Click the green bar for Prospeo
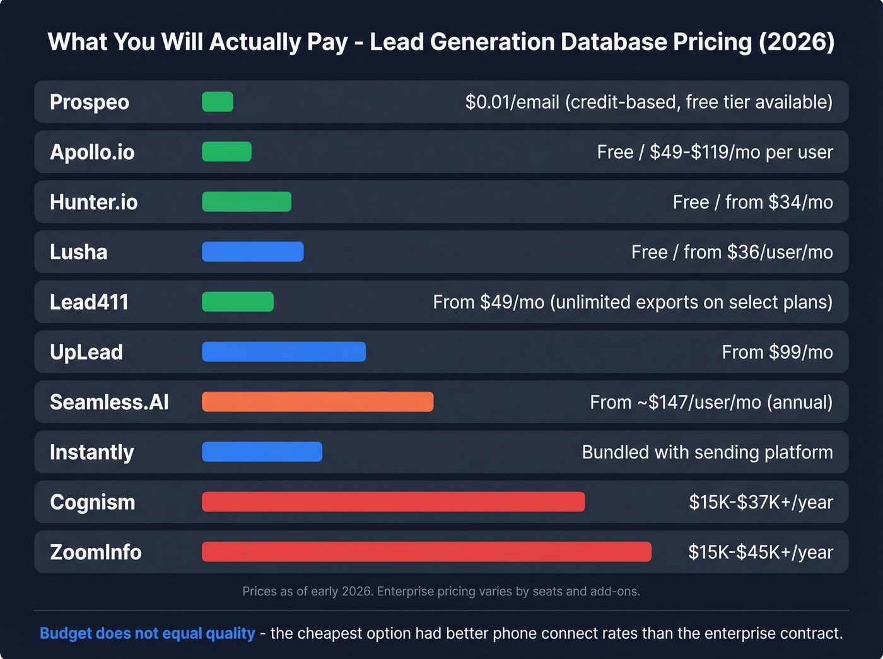coord(218,102)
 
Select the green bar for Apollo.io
coord(226,151)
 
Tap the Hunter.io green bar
coord(247,202)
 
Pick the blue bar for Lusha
coord(252,252)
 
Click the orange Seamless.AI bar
coord(317,402)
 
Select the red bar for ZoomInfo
coord(426,552)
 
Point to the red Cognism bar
coord(393,502)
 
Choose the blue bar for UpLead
coord(284,352)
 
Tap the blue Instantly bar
coord(262,452)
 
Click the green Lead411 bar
coord(238,301)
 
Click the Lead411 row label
coord(89,302)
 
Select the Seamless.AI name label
coord(109,402)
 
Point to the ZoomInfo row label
coord(95,552)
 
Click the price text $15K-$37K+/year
coord(761,502)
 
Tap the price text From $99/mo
coord(777,352)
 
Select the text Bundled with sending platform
coord(707,452)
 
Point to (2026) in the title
coord(797,42)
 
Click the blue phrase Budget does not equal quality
coord(148,633)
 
